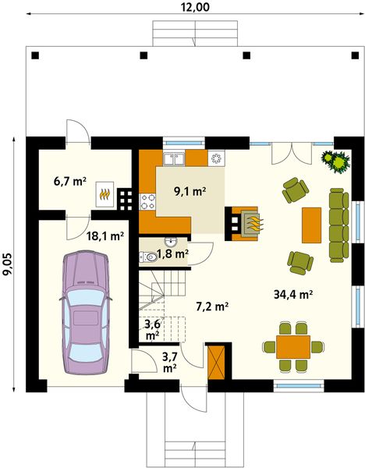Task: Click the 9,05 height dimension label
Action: coord(7,264)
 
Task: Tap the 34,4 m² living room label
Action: coord(293,295)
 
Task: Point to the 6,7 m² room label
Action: coord(69,182)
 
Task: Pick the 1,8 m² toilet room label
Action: coord(172,253)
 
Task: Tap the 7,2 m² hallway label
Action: coord(211,307)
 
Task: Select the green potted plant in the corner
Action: coord(338,161)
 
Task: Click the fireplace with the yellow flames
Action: coord(248,222)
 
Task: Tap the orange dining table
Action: coord(293,345)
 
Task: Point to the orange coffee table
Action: coord(312,225)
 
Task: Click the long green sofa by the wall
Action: coord(338,224)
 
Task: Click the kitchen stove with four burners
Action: coord(148,202)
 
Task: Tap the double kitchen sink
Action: coord(173,160)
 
